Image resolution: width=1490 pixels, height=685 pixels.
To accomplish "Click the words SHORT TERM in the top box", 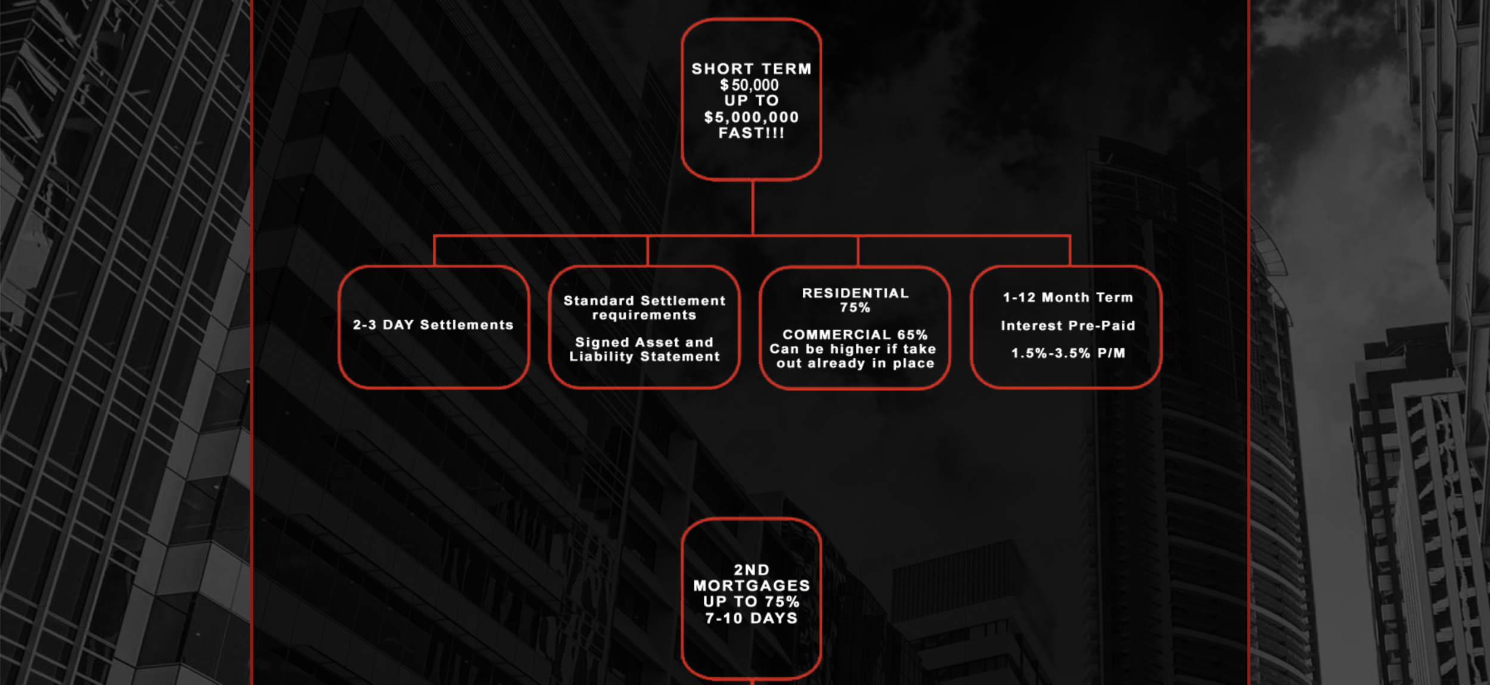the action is pyautogui.click(x=751, y=69).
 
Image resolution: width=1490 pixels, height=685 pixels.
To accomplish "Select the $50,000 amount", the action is pyautogui.click(x=749, y=85).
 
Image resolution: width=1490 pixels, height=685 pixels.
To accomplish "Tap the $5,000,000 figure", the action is pyautogui.click(x=751, y=117).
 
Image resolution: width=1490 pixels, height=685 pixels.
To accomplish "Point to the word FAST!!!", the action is pyautogui.click(x=751, y=133).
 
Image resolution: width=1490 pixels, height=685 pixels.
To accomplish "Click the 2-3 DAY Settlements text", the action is pyautogui.click(x=433, y=325).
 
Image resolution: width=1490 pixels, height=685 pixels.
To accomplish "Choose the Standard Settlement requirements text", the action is pyautogui.click(x=644, y=308).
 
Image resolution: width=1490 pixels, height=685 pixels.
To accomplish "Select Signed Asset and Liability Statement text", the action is pyautogui.click(x=644, y=349).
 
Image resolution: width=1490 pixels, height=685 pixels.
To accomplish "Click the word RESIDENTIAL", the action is pyautogui.click(x=855, y=293).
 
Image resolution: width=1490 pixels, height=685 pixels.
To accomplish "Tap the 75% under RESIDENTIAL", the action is pyautogui.click(x=855, y=308).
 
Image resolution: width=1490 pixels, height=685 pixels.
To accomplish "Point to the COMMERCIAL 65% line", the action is pyautogui.click(x=855, y=334).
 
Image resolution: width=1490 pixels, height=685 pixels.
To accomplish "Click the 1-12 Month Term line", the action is pyautogui.click(x=1067, y=297).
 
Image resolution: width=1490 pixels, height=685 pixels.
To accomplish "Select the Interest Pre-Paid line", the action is pyautogui.click(x=1067, y=326).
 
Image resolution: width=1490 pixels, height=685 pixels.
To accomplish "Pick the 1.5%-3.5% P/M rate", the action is pyautogui.click(x=1067, y=353).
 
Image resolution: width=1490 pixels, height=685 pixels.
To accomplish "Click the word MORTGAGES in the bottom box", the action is pyautogui.click(x=751, y=585).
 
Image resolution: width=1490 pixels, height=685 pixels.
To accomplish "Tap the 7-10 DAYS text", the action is pyautogui.click(x=751, y=618).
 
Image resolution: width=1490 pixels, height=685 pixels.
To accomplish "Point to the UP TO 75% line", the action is pyautogui.click(x=751, y=602).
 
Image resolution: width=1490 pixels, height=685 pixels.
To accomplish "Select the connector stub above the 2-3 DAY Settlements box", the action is pyautogui.click(x=434, y=251).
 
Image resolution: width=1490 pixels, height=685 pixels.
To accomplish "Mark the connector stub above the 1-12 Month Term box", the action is pyautogui.click(x=1070, y=251).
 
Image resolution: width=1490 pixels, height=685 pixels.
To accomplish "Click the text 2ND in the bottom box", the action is pyautogui.click(x=751, y=570).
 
